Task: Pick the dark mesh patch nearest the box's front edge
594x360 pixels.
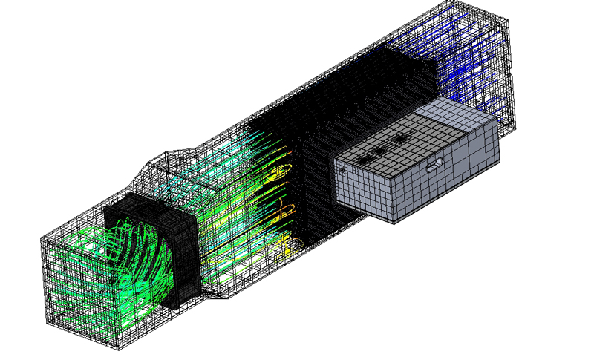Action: pos(363,160)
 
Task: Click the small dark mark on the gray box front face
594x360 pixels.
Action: pos(343,170)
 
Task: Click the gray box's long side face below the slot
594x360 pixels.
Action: pos(446,186)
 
